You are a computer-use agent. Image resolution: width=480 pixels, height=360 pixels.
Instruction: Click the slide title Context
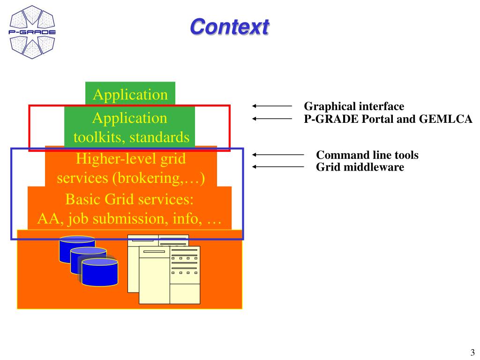pyautogui.click(x=230, y=27)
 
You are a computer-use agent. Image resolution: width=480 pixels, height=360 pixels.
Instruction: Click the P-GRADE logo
pyautogui.click(x=32, y=32)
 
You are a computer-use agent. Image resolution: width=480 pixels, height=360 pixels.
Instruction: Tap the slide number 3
pyautogui.click(x=472, y=352)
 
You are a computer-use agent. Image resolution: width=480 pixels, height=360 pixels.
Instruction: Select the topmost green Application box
pyautogui.click(x=130, y=93)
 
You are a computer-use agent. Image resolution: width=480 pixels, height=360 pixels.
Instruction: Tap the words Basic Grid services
pyautogui.click(x=129, y=199)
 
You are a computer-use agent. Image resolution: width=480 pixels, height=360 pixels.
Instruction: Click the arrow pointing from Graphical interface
pyautogui.click(x=272, y=106)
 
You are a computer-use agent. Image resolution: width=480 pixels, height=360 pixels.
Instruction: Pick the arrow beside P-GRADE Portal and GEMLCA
pyautogui.click(x=272, y=119)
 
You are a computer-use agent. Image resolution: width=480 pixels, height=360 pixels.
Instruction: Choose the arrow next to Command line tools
pyautogui.click(x=278, y=155)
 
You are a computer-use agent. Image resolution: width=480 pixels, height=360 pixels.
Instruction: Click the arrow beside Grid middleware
pyautogui.click(x=278, y=167)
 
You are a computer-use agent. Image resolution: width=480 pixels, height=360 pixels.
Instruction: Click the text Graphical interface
pyautogui.click(x=354, y=106)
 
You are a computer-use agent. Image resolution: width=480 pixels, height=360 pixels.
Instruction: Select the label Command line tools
pyautogui.click(x=367, y=155)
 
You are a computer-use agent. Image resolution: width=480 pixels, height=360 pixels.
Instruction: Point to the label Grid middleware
pyautogui.click(x=360, y=167)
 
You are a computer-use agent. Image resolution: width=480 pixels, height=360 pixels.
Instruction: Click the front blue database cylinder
pyautogui.click(x=100, y=272)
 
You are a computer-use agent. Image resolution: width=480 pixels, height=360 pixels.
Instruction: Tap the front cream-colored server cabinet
pyautogui.click(x=169, y=275)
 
